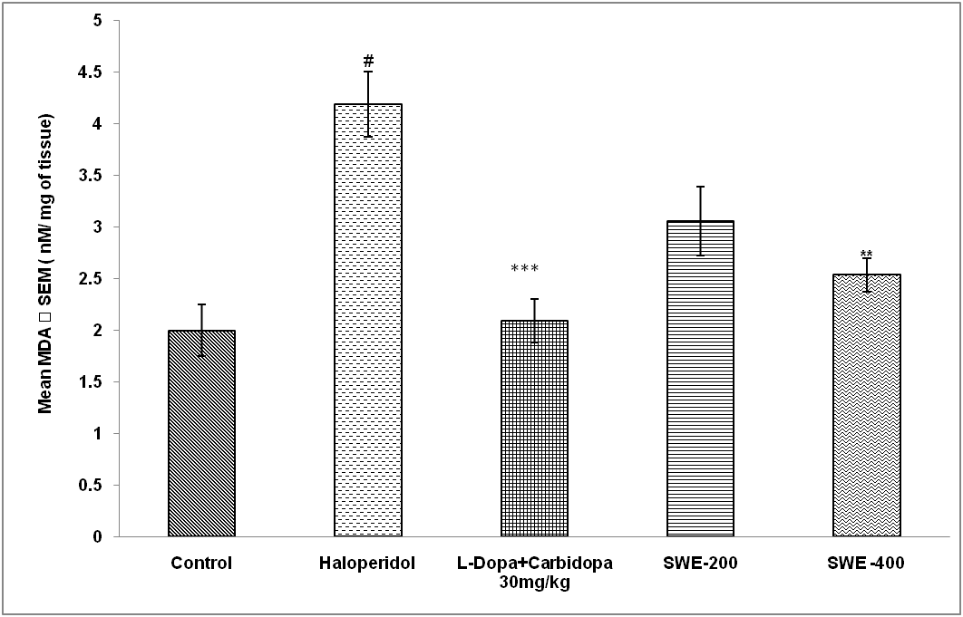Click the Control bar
coord(201,434)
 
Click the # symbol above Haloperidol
coord(368,61)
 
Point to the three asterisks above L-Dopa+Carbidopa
coord(525,269)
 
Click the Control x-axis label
coord(201,564)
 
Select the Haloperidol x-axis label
coord(367,564)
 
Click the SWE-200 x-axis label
coord(700,564)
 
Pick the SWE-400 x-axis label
coord(866,564)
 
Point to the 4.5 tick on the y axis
coord(91,72)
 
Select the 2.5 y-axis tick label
coord(91,279)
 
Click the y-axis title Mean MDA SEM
coord(46,264)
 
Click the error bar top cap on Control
coord(201,304)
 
